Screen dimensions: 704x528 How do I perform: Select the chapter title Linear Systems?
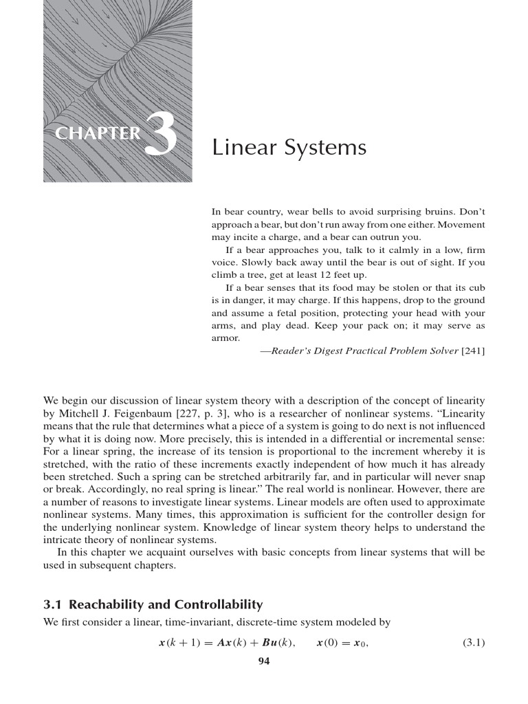(x=289, y=148)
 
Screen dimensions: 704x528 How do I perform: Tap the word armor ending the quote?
(x=225, y=338)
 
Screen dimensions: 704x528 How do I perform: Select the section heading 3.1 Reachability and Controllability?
(x=153, y=605)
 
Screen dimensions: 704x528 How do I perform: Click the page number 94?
(x=264, y=662)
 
